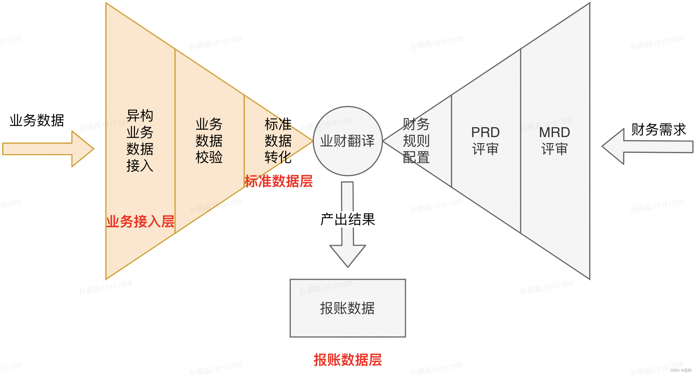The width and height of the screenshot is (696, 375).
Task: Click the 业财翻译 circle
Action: point(348,141)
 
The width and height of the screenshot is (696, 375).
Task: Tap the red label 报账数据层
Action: point(348,360)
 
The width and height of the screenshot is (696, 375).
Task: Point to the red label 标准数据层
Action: point(279,181)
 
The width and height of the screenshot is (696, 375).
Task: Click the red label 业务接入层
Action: point(140,221)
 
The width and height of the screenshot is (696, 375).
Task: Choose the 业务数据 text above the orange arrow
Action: point(37,120)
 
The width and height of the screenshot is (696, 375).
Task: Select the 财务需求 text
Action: point(659,130)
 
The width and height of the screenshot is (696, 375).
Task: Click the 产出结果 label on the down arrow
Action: point(348,219)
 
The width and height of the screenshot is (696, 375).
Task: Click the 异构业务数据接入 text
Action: point(140,141)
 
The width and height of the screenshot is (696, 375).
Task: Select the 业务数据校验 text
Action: point(209,141)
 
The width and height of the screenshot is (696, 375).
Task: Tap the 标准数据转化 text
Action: point(278,141)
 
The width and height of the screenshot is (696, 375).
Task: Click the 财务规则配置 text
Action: point(416,141)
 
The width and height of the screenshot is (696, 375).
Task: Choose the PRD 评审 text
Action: point(485,141)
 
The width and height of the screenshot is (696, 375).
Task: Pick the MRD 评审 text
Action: point(555,141)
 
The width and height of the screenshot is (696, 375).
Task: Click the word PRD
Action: point(485,132)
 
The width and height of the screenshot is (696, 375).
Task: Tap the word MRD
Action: point(555,132)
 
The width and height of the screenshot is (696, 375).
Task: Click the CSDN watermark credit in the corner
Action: point(681,370)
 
